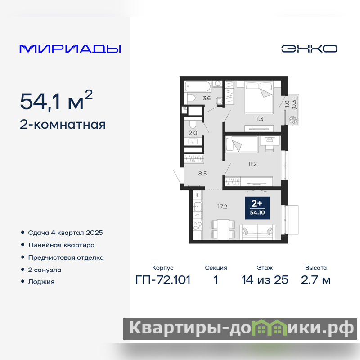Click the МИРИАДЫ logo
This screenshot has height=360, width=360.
[x=70, y=49]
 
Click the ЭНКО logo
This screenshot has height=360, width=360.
[x=309, y=49]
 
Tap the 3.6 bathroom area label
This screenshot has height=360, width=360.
[x=207, y=98]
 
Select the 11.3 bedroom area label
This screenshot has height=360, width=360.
[x=259, y=119]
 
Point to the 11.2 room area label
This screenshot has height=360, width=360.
[x=252, y=164]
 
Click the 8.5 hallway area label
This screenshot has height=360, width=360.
[x=202, y=174]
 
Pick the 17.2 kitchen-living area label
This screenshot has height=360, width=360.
[x=222, y=207]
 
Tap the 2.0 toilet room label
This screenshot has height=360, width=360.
[x=193, y=133]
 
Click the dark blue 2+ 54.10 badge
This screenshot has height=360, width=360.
[x=257, y=208]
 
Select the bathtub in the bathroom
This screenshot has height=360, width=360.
[x=198, y=87]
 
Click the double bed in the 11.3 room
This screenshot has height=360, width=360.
[x=259, y=97]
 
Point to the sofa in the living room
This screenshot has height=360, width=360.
[x=257, y=232]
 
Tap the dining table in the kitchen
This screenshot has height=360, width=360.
[x=223, y=229]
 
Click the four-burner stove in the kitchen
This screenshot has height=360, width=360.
[x=198, y=226]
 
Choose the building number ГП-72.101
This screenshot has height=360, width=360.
[x=163, y=280]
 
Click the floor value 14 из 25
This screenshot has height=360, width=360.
[x=265, y=280]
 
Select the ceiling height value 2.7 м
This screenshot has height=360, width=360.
[x=316, y=280]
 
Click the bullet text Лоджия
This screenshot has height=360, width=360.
[x=41, y=282]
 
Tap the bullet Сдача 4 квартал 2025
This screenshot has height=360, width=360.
[x=65, y=233]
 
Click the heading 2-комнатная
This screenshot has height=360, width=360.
[x=63, y=125]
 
